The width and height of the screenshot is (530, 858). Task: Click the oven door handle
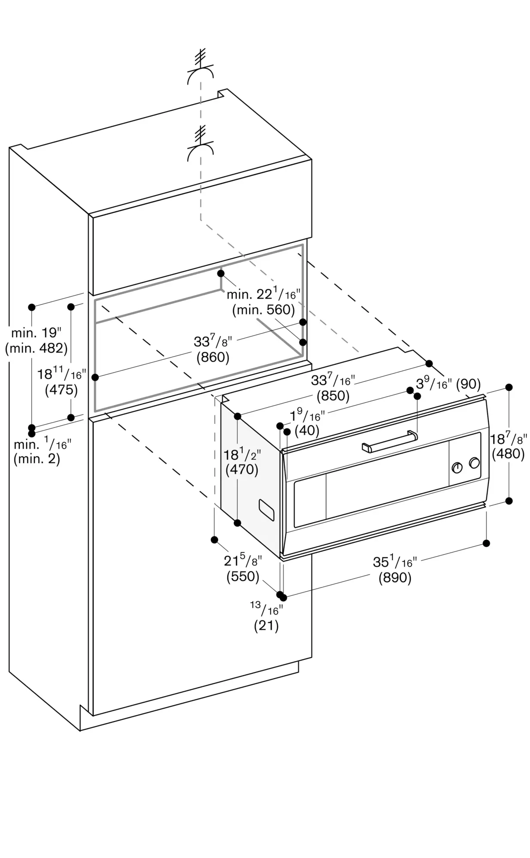[x=389, y=442]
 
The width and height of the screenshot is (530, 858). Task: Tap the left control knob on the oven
[x=457, y=468]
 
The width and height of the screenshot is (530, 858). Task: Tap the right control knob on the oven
[x=474, y=463]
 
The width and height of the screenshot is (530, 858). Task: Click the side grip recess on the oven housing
[x=267, y=509]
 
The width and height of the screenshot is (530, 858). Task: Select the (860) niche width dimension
[x=213, y=357]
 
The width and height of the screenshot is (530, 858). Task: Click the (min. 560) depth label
[x=263, y=310]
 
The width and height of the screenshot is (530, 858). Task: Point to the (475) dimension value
[x=61, y=390]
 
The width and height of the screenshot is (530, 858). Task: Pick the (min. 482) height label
[x=36, y=348]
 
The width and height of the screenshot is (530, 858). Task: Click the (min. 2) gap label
[x=37, y=459]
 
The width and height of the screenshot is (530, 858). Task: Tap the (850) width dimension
[x=333, y=396]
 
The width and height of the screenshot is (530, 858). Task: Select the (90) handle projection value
[x=468, y=384]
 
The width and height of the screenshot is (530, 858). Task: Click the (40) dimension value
[x=307, y=430]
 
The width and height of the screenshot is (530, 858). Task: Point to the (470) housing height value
[x=242, y=470]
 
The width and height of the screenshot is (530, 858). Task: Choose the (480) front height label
[x=509, y=453]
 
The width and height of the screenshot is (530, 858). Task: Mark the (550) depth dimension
[x=243, y=576]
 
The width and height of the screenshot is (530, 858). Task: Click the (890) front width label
[x=395, y=578]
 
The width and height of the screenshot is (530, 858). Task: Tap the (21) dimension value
[x=267, y=626]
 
